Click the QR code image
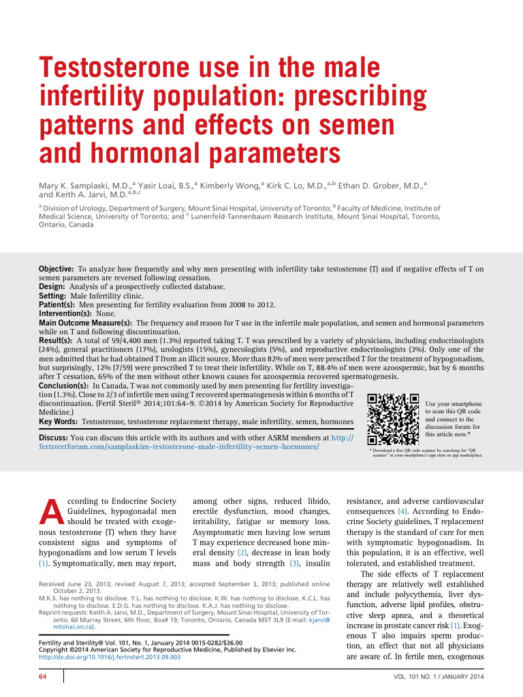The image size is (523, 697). (x=392, y=419)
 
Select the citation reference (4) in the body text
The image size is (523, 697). (x=403, y=510)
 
